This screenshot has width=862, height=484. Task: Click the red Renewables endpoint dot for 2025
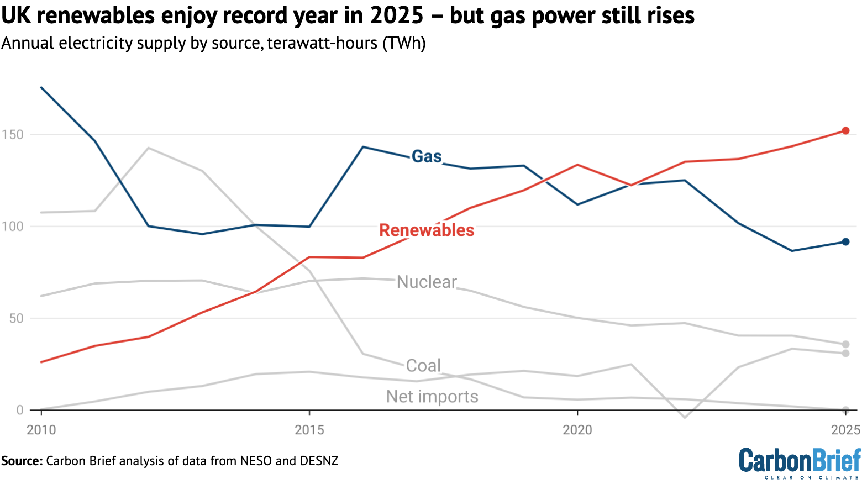pyautogui.click(x=845, y=131)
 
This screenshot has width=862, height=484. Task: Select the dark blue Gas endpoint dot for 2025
pyautogui.click(x=845, y=242)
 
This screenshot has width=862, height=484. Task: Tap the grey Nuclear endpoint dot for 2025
pyautogui.click(x=845, y=344)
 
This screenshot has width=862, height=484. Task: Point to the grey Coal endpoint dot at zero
pyautogui.click(x=845, y=410)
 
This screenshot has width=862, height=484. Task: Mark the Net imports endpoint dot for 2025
pyautogui.click(x=845, y=353)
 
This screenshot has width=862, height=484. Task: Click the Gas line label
pyautogui.click(x=427, y=156)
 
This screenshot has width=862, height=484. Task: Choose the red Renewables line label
pyautogui.click(x=427, y=230)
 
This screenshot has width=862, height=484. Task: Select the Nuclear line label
pyautogui.click(x=427, y=282)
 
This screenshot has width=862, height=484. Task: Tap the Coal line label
pyautogui.click(x=423, y=365)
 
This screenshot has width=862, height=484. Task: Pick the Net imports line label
pyautogui.click(x=432, y=396)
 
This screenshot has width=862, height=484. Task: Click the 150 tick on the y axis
pyautogui.click(x=12, y=135)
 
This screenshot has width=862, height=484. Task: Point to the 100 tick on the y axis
pyautogui.click(x=12, y=227)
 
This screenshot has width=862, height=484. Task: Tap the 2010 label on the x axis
pyautogui.click(x=41, y=429)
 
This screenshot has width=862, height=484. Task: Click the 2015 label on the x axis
pyautogui.click(x=309, y=429)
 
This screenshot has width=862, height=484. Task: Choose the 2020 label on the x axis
pyautogui.click(x=577, y=429)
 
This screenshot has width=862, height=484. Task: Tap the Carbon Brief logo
pyautogui.click(x=800, y=463)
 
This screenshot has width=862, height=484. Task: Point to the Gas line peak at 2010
pyautogui.click(x=41, y=87)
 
